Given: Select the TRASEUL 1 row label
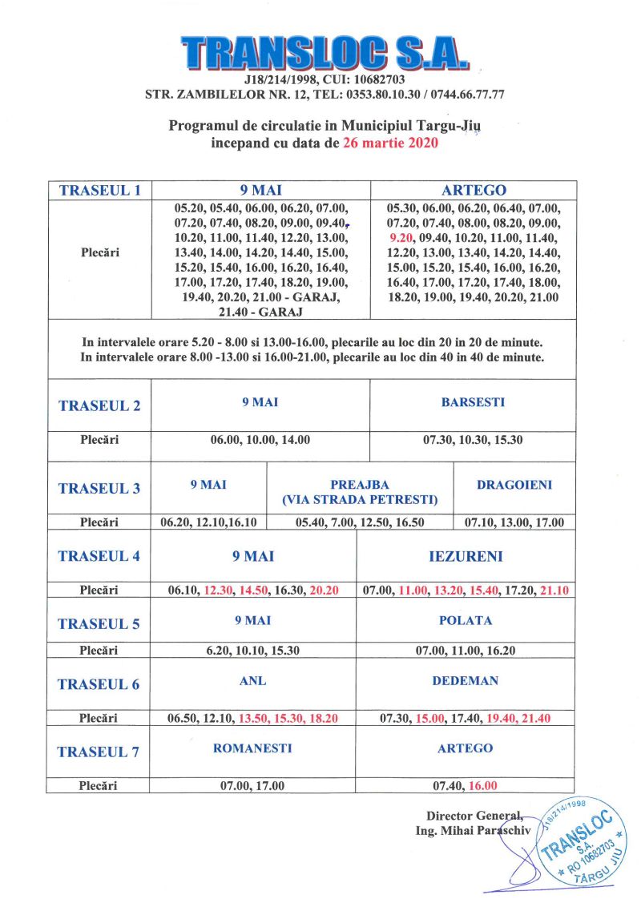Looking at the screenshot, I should tap(99, 190).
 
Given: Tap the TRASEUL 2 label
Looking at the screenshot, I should tap(99, 405).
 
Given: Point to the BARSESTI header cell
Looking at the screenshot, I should tap(473, 402).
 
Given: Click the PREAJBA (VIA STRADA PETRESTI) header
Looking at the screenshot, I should tap(360, 492).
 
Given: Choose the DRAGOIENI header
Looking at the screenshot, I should tap(514, 485).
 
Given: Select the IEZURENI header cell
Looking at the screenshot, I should tap(465, 555).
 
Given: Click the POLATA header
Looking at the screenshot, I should tap(466, 620).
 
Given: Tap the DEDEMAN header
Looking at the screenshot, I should tap(466, 681).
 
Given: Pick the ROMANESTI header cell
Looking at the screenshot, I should tap(252, 748).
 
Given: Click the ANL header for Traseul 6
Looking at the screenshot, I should tap(252, 681).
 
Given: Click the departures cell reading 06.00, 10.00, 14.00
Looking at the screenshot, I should tap(260, 440).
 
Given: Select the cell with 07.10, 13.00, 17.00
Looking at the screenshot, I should tap(514, 522).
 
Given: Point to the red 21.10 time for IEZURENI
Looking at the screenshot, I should tap(558, 591).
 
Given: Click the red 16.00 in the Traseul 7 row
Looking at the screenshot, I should tap(483, 785).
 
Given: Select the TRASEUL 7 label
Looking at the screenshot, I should tap(99, 752).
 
